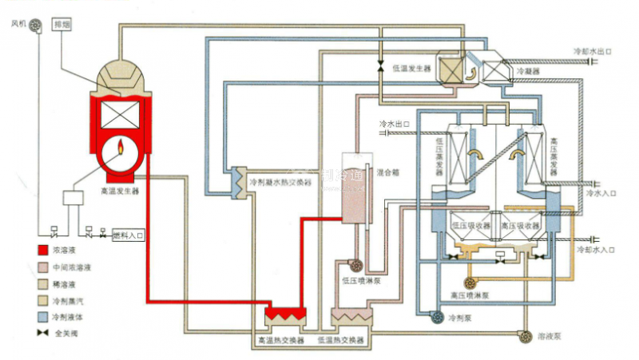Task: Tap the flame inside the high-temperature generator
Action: (121, 148)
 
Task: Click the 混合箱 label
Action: (387, 171)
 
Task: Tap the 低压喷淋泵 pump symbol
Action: (354, 264)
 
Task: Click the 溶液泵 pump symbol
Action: (526, 337)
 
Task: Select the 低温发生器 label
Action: (412, 69)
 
